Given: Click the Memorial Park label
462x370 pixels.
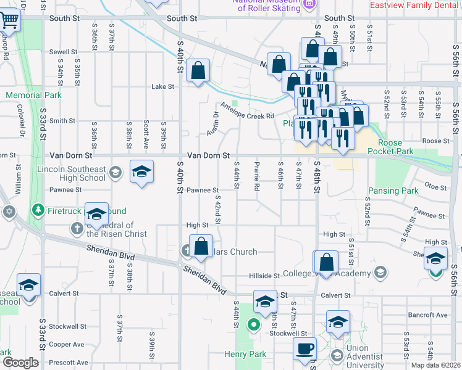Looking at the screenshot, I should (x=34, y=96).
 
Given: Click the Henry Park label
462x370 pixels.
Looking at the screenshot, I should (x=245, y=354).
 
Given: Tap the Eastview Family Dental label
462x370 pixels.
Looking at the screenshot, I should (x=415, y=6).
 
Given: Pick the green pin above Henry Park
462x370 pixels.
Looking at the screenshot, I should (x=253, y=324).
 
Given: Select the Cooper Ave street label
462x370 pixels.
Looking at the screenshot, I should (x=67, y=344).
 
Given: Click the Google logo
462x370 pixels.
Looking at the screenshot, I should (x=20, y=363).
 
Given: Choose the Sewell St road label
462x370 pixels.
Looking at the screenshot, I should (x=64, y=52).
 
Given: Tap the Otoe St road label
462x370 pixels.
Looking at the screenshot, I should (x=435, y=186).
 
